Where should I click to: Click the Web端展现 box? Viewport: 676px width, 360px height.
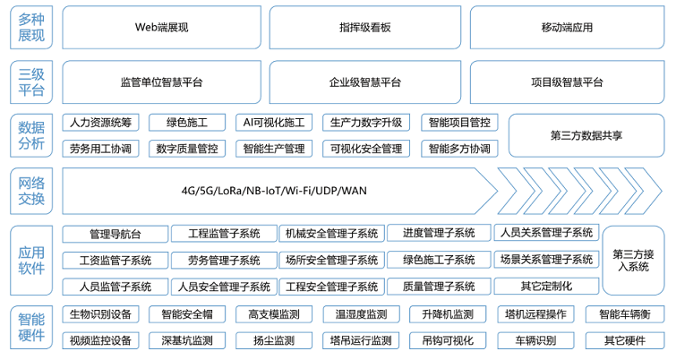[x=161, y=28]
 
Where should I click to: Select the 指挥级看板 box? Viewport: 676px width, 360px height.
[x=365, y=28]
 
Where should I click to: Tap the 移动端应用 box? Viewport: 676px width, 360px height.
[x=567, y=28]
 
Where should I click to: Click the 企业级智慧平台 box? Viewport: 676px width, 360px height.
[x=365, y=82]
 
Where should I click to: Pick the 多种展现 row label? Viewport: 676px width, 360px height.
[x=31, y=28]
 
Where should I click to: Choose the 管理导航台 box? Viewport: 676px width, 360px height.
[x=115, y=234]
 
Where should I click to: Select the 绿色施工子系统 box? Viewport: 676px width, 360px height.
[x=439, y=261]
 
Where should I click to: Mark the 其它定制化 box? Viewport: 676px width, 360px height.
[x=545, y=287]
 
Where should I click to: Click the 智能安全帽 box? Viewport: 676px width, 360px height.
[x=187, y=315]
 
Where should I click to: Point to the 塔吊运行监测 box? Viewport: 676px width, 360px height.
[x=360, y=341]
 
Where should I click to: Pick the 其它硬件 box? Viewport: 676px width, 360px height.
[x=624, y=341]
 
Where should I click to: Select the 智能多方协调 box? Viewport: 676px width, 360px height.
[x=458, y=149]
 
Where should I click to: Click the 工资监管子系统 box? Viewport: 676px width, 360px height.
[x=115, y=261]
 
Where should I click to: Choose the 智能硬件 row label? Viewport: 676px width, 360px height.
[x=31, y=328]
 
